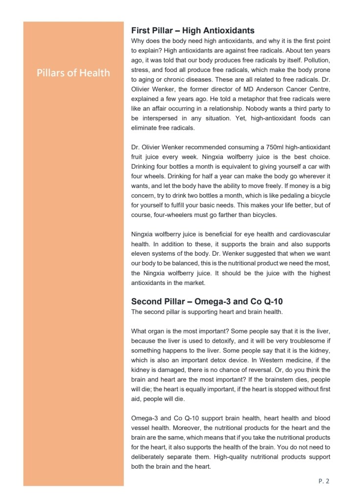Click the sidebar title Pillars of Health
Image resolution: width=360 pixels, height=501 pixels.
pyautogui.click(x=73, y=73)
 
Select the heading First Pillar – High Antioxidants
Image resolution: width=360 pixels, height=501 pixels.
pyautogui.click(x=192, y=31)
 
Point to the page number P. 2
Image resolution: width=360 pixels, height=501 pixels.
pyautogui.click(x=324, y=481)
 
